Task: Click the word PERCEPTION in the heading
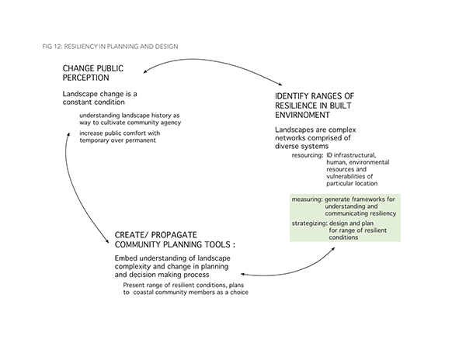(86, 78)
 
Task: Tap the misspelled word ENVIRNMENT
(302, 115)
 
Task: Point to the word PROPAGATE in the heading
(174, 235)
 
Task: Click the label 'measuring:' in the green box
(307, 199)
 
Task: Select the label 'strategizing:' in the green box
(310, 223)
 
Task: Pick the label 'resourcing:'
(308, 155)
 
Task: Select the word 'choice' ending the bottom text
(239, 292)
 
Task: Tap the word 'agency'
(170, 123)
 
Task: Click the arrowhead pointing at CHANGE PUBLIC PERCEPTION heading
(145, 71)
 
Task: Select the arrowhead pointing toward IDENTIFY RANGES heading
(280, 85)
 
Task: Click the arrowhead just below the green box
(333, 249)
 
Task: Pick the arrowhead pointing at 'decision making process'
(243, 274)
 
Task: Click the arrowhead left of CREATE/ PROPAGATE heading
(108, 241)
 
